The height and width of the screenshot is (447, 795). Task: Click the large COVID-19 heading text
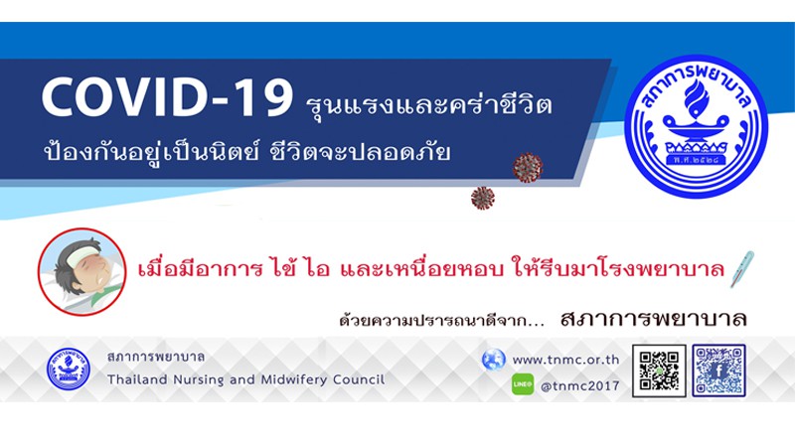167,96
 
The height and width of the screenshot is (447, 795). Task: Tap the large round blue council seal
696,127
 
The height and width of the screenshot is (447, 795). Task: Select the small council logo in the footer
69,369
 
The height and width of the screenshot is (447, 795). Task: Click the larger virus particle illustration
528,167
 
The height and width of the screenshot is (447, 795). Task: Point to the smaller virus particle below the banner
483,198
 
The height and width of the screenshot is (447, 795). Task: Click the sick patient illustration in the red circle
82,271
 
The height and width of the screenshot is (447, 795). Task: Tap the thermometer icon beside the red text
741,269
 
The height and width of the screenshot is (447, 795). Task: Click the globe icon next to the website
493,360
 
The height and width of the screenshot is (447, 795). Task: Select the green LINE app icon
523,384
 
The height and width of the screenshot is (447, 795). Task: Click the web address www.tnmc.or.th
565,360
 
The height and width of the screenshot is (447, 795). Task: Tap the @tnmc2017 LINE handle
580,386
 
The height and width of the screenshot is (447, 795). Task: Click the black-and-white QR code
659,371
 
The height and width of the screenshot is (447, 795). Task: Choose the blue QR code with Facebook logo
718,371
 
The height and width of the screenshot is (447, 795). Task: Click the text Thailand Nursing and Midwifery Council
245,379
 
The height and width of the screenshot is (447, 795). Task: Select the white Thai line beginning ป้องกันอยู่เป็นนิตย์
246,152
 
